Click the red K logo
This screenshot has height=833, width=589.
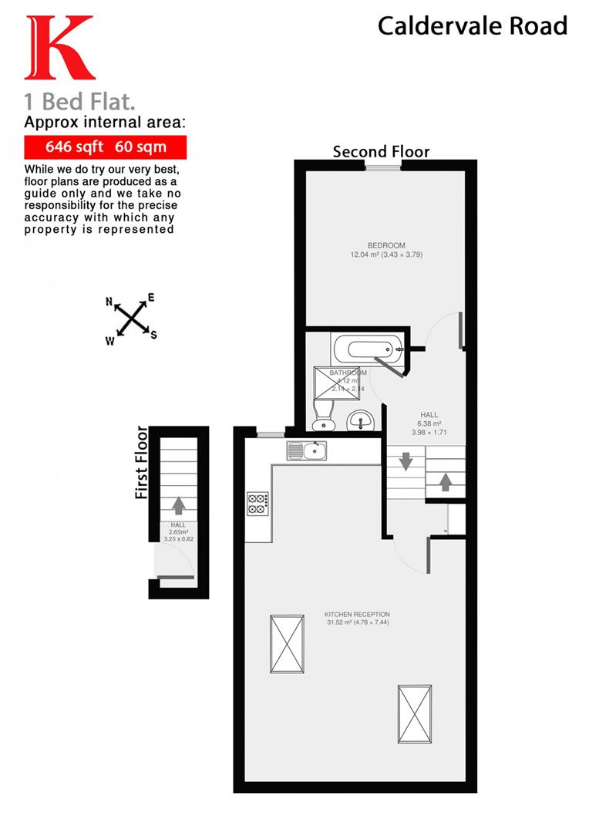click(x=59, y=48)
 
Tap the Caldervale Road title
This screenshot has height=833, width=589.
click(x=472, y=26)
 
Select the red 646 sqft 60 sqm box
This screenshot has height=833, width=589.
click(x=105, y=147)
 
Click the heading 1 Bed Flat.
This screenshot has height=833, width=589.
click(x=84, y=101)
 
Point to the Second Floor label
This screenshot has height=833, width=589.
click(x=381, y=151)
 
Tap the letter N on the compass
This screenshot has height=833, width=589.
click(x=109, y=302)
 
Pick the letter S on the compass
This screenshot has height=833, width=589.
click(x=153, y=334)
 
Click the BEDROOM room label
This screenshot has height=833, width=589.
click(x=386, y=245)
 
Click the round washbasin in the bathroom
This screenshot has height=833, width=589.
click(x=360, y=420)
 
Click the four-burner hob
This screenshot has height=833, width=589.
click(x=257, y=504)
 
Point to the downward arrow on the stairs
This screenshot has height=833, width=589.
click(x=404, y=464)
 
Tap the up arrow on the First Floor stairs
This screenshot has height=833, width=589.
click(x=178, y=505)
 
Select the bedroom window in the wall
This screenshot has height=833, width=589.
click(x=378, y=166)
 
